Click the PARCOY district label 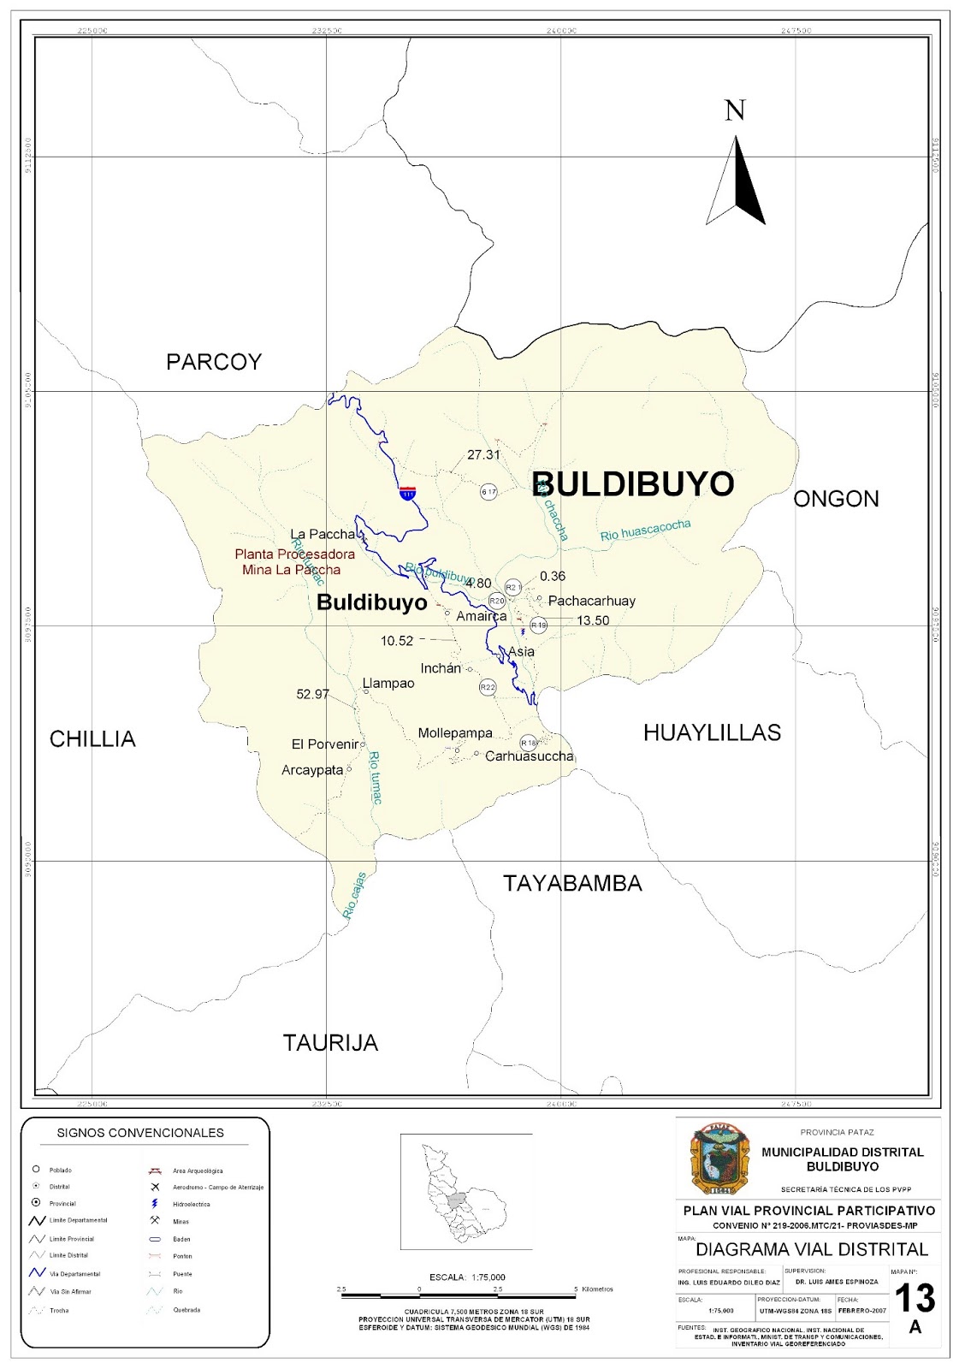[x=214, y=362]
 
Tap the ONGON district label [x=836, y=499]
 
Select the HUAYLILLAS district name [x=712, y=732]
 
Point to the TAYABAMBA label [x=572, y=883]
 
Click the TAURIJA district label [x=330, y=1042]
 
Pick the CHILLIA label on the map [x=92, y=738]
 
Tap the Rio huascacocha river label [x=645, y=530]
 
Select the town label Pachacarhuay [x=591, y=601]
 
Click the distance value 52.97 [x=312, y=694]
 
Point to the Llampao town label [x=388, y=683]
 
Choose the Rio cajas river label [x=354, y=896]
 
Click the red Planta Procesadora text [x=294, y=554]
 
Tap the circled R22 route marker [x=488, y=687]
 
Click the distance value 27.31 [x=483, y=455]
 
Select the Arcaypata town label [x=312, y=770]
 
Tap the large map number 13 [x=915, y=1298]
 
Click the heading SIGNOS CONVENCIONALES [x=140, y=1133]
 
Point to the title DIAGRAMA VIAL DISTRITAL [x=811, y=1249]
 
